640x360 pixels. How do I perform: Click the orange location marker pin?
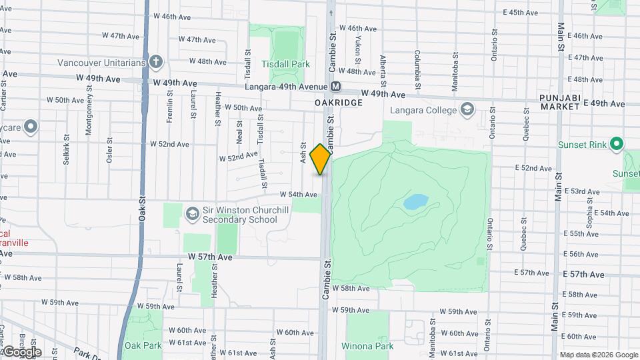tap(321, 159)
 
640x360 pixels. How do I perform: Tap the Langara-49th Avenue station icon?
tap(336, 87)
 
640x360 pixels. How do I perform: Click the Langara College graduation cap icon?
tap(467, 109)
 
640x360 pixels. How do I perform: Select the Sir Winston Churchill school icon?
tap(193, 213)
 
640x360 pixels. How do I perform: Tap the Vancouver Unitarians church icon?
tap(157, 63)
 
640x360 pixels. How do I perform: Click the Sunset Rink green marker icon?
tap(617, 143)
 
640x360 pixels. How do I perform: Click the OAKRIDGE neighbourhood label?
tap(339, 103)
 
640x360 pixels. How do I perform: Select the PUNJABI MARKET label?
tap(561, 103)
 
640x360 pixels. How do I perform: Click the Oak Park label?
tap(143, 345)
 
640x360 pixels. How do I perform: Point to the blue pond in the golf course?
tap(416, 201)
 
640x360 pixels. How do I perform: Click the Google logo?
tap(22, 351)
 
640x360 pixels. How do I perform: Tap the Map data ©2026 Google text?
tap(599, 355)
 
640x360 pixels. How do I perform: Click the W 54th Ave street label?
tap(299, 195)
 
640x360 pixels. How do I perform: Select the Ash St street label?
tap(303, 154)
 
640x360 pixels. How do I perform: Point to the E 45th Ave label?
tap(520, 13)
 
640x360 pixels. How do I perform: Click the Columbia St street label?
tap(417, 70)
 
